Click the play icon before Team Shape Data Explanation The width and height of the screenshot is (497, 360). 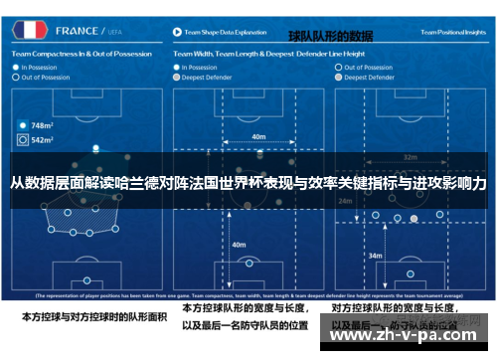[x=177, y=30]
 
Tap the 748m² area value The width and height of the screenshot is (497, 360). [x=42, y=126]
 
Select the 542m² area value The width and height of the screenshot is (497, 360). [x=42, y=140]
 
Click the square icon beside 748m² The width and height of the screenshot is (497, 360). [x=22, y=126]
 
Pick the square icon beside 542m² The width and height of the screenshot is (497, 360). [x=22, y=140]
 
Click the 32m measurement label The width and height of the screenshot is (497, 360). [x=409, y=157]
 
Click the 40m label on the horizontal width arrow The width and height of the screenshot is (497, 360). [x=258, y=137]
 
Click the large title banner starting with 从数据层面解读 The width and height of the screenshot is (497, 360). [x=248, y=185]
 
